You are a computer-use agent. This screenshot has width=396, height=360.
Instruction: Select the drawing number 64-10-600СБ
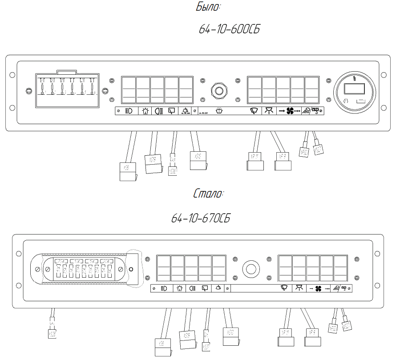229,30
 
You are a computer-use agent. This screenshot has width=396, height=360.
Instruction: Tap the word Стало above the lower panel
209,194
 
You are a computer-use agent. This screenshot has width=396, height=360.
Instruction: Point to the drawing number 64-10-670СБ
201,218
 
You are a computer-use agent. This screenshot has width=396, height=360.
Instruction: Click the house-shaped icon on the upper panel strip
145,111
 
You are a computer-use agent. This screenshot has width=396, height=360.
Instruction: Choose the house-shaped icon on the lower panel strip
179,288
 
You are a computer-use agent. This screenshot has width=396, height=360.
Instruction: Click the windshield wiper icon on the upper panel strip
254,111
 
